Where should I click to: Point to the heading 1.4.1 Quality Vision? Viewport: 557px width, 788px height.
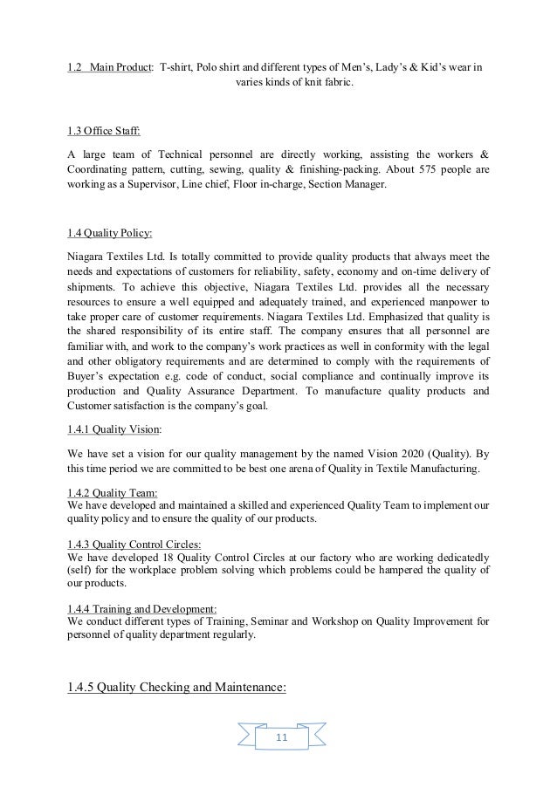click(x=113, y=430)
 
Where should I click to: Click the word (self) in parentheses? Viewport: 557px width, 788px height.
click(x=80, y=570)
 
